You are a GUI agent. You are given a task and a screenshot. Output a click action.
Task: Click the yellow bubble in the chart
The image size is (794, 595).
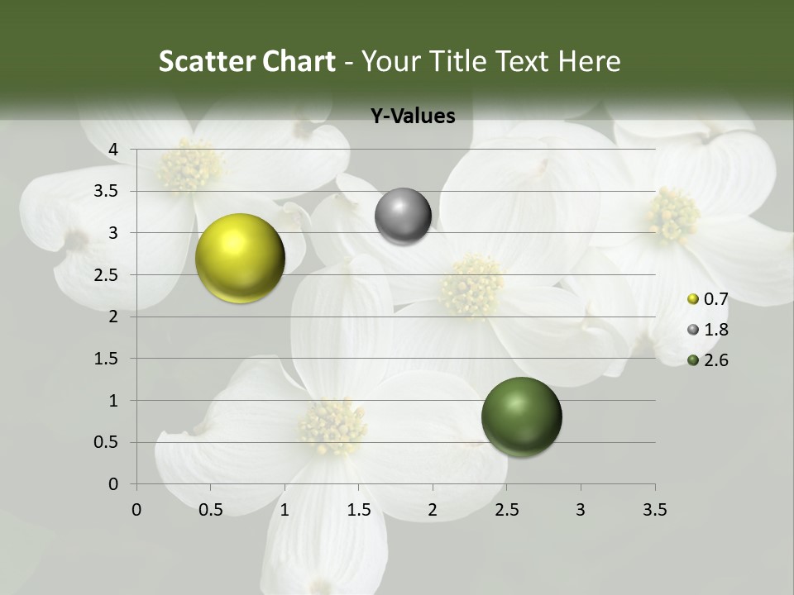pos(240,258)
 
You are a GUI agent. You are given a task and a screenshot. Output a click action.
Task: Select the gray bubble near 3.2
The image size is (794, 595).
pos(403,217)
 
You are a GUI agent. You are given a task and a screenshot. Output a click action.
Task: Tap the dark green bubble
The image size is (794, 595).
pos(521,416)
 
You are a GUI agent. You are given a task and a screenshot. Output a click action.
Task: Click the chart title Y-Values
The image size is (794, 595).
pos(413,117)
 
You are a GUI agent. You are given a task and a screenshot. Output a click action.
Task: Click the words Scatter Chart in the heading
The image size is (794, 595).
pos(246,61)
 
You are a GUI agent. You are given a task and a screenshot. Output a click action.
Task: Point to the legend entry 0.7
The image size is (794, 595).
pos(715,299)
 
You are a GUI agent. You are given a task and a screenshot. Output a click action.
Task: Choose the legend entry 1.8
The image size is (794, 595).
pos(715,330)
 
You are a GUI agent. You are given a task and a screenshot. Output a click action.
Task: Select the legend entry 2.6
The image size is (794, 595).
pos(715,360)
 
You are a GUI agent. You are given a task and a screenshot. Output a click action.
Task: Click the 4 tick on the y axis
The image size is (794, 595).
pos(113,150)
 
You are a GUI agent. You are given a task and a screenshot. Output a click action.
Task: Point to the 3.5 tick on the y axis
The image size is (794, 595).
pos(107,192)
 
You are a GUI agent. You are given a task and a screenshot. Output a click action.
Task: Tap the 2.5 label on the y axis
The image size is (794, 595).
pos(107,275)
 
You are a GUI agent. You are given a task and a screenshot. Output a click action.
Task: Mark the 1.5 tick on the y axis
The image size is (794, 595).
pos(107,359)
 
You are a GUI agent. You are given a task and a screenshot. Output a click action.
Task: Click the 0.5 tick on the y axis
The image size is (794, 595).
pos(107,443)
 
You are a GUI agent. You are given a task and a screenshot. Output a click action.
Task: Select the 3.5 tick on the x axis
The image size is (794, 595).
pos(654,510)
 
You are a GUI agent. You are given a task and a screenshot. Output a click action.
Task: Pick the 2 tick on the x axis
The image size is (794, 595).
pos(433,510)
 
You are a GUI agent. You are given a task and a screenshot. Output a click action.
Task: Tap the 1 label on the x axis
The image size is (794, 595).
pos(285,510)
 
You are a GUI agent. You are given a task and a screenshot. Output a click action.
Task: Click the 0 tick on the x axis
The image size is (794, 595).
pos(136,510)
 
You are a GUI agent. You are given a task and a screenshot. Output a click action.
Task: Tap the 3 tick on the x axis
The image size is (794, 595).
pos(581,510)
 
